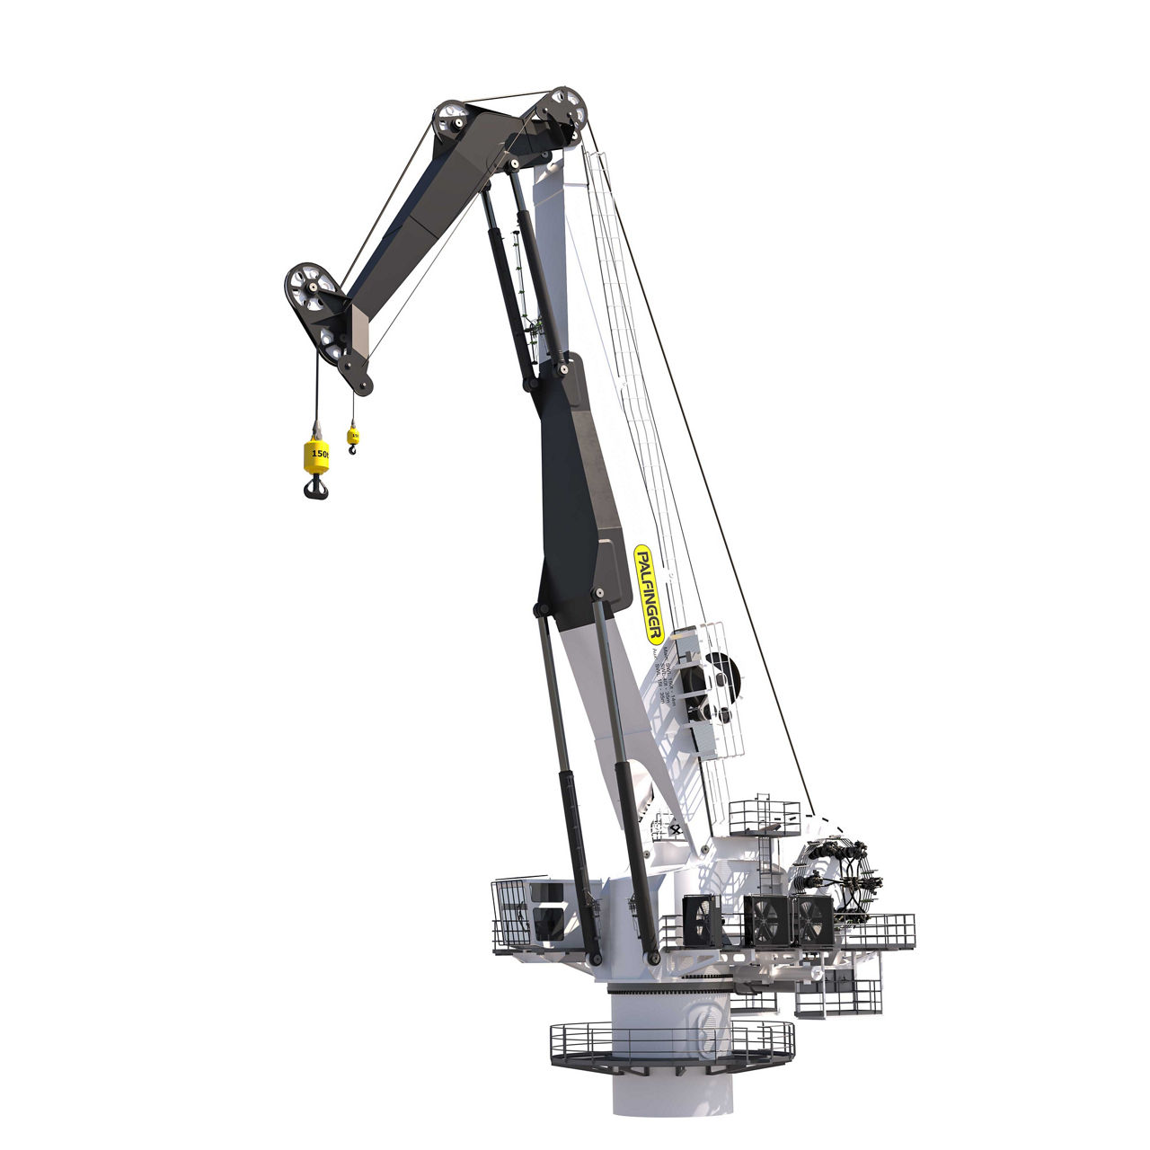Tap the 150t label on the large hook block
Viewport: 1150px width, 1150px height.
(x=318, y=454)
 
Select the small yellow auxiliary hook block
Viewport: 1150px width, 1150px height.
(x=352, y=437)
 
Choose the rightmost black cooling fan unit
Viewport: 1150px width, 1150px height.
(x=814, y=919)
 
